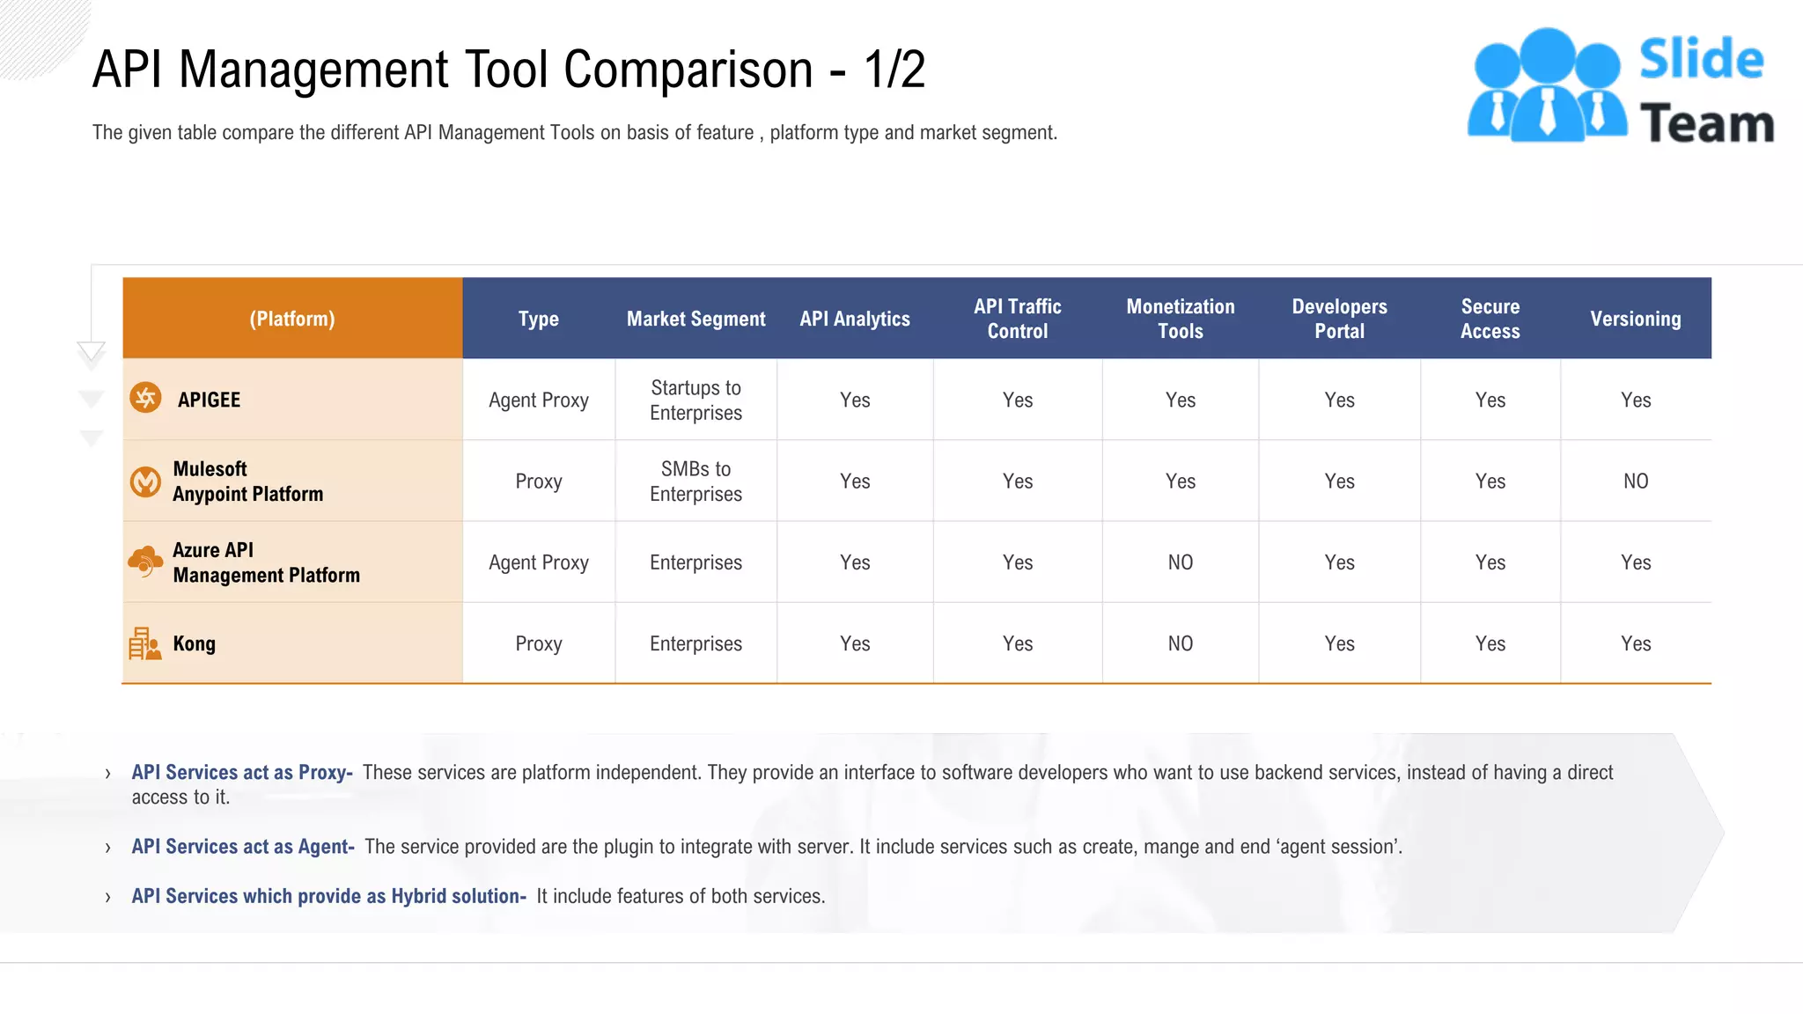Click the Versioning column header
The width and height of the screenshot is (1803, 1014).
(x=1635, y=319)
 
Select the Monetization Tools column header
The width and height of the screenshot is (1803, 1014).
(x=1180, y=319)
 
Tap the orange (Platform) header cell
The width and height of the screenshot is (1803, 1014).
(x=292, y=319)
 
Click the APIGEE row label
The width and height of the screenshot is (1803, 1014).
(x=209, y=400)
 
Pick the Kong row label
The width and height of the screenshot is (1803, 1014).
(x=194, y=643)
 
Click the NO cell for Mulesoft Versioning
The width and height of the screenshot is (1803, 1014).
(x=1635, y=481)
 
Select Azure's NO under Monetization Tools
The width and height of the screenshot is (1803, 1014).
(x=1180, y=562)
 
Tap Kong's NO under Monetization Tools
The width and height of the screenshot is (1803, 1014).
(x=1180, y=643)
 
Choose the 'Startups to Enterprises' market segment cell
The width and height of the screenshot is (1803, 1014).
(x=695, y=400)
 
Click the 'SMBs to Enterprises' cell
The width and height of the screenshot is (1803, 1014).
(x=695, y=481)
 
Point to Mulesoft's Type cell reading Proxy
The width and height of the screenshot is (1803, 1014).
(x=538, y=481)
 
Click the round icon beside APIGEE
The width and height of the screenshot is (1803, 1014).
(x=145, y=398)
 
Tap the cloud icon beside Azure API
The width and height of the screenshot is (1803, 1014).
(x=145, y=561)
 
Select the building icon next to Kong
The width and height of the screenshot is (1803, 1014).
(x=144, y=643)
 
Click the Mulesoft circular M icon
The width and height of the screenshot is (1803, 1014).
(x=145, y=481)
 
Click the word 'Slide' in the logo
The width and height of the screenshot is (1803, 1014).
(x=1701, y=60)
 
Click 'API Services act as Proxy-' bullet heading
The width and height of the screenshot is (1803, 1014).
(x=242, y=772)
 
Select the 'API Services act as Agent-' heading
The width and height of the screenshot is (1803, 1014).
(x=243, y=847)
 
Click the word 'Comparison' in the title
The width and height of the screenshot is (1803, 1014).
(x=688, y=70)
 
